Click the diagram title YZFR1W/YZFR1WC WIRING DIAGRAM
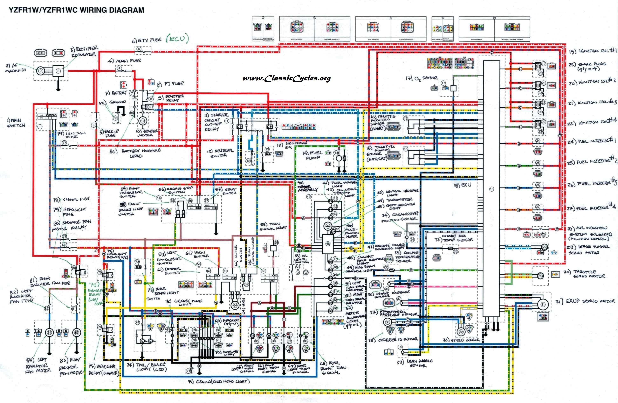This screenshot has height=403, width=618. point(76,10)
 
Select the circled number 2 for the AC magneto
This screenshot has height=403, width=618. point(41,71)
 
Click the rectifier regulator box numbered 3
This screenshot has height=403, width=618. point(59,71)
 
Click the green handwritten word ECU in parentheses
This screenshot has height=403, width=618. point(177,39)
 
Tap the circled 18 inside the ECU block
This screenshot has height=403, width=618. point(492,189)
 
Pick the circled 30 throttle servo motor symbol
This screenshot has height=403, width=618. point(540,276)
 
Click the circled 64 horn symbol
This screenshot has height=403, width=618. point(235,305)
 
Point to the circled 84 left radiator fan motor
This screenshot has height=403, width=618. point(49,332)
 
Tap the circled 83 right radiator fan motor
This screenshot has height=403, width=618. point(77,332)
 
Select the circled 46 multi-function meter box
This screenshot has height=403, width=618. point(328,244)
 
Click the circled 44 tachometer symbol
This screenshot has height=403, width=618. point(328,226)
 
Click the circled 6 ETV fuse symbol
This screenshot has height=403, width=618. point(139,49)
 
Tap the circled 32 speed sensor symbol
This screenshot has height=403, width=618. point(461,332)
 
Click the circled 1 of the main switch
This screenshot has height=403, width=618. point(40,127)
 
